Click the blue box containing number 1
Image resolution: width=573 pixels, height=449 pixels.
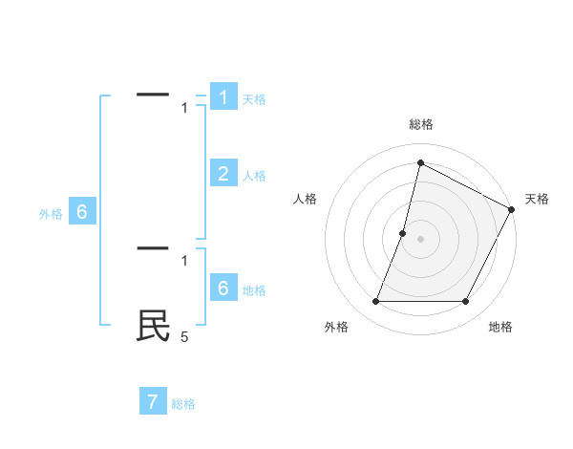223,97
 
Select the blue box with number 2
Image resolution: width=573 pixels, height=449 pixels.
223,173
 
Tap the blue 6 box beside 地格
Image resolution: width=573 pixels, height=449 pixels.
223,288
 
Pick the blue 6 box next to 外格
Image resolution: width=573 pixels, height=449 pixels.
82,212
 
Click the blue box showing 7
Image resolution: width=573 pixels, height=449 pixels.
153,401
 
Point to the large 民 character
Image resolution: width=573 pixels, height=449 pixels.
153,326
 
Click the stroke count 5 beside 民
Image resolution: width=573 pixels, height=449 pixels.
185,336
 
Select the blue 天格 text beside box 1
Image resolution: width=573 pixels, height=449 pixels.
253,99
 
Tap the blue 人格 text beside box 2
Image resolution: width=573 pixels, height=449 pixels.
253,176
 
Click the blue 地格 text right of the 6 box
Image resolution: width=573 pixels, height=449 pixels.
253,290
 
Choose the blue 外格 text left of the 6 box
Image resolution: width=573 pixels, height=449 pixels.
51,215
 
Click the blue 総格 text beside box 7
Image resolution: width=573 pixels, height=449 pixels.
183,404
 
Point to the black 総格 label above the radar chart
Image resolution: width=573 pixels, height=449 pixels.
420,124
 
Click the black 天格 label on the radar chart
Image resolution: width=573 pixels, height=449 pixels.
537,199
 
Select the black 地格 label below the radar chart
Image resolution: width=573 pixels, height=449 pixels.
500,328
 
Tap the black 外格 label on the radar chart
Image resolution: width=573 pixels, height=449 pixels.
336,328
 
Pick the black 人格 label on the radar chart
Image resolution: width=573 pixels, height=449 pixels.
306,199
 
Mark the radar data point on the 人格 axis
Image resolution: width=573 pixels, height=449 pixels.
403,233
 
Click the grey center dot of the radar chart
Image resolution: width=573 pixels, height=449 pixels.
420,239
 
